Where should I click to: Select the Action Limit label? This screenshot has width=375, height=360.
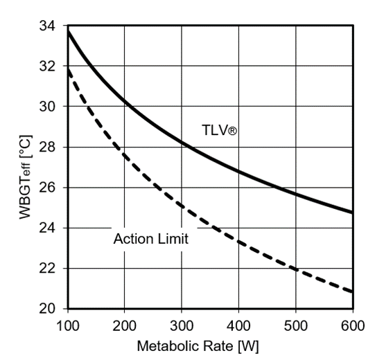click(150, 240)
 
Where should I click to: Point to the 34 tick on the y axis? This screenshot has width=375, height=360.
click(51, 26)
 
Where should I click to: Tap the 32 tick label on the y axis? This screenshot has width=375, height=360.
click(51, 66)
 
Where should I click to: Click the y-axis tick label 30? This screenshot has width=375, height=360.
click(51, 106)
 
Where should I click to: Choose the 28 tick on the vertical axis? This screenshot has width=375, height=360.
click(51, 147)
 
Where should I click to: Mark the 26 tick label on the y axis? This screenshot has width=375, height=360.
click(51, 187)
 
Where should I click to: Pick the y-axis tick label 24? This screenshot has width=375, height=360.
click(51, 227)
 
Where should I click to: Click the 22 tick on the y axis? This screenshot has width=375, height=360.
click(51, 268)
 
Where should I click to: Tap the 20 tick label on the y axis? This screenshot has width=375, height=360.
click(51, 308)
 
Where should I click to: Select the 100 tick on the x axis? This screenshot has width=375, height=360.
click(67, 323)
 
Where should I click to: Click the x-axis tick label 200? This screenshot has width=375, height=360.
click(124, 323)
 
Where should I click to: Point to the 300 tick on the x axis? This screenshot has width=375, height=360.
click(181, 323)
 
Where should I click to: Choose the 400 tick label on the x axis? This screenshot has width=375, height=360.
click(238, 323)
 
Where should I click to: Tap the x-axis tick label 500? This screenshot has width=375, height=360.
click(295, 323)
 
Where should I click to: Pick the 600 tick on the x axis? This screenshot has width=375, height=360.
click(352, 323)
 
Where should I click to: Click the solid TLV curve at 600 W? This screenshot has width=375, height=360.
click(351, 212)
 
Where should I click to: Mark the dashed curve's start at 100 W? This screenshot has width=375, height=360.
click(68, 69)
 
